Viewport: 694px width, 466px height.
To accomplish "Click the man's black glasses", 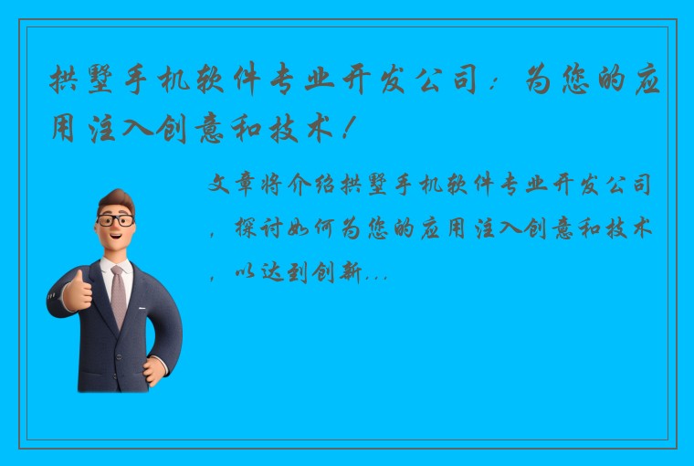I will click(116, 221).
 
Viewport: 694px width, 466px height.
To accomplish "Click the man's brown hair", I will click(116, 200).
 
